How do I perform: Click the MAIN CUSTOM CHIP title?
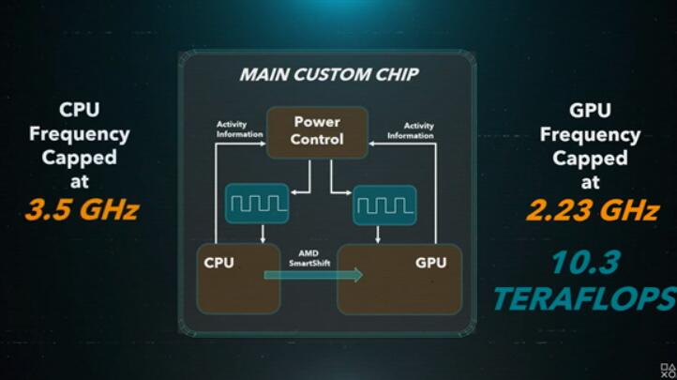329,75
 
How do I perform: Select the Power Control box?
317,132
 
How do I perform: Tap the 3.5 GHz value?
82,210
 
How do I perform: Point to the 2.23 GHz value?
593,210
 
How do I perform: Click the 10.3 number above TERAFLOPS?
586,263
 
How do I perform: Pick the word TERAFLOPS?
585,298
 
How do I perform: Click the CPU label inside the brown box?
218,263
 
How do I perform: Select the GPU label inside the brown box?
431,263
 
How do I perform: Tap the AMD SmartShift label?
309,258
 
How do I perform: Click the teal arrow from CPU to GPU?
313,275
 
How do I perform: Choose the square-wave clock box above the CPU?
257,204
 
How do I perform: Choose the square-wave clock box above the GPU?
384,205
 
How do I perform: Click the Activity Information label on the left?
239,129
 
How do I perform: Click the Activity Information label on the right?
411,130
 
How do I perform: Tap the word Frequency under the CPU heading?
80,135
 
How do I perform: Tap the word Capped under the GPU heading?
590,158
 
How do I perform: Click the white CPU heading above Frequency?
80,110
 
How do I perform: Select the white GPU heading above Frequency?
590,111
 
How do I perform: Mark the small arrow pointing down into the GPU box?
378,235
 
